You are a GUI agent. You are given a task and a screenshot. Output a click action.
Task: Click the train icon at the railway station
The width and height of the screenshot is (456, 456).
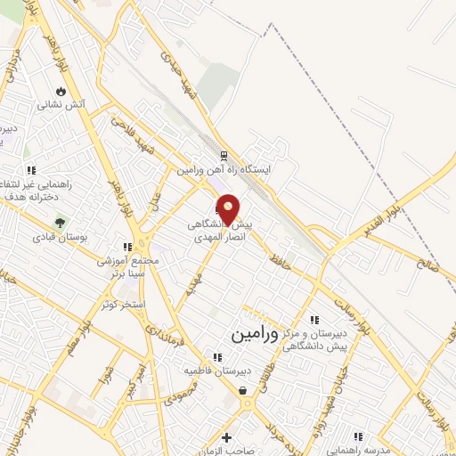point(223,155)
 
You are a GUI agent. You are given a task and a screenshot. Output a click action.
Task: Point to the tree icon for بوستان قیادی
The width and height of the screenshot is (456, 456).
point(61,223)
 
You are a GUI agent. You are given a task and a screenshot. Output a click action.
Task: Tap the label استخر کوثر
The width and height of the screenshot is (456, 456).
point(123,305)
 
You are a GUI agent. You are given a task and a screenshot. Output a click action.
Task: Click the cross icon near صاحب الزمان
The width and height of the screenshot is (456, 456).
point(227,437)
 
